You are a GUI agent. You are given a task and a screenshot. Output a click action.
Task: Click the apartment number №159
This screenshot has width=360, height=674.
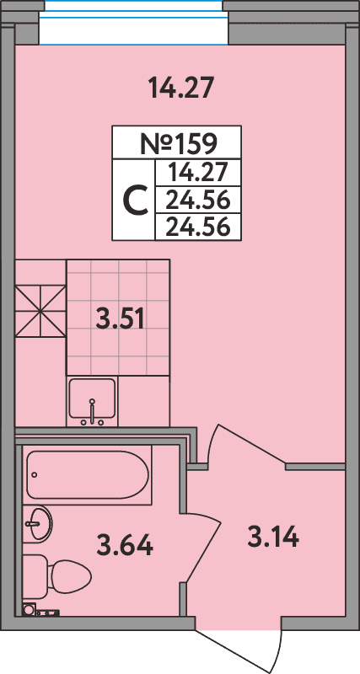tap(177, 142)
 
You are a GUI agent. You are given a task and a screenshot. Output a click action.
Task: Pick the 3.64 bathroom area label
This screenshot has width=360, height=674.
tap(125, 546)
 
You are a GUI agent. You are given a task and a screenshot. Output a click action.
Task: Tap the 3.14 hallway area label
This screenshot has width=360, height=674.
tap(273, 536)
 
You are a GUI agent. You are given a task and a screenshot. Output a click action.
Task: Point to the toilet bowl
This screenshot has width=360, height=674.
tap(67, 578)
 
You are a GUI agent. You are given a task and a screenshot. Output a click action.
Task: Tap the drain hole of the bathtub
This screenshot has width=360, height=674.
tap(33, 474)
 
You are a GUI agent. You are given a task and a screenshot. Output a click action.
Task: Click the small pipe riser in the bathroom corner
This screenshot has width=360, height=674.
tap(30, 610)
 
